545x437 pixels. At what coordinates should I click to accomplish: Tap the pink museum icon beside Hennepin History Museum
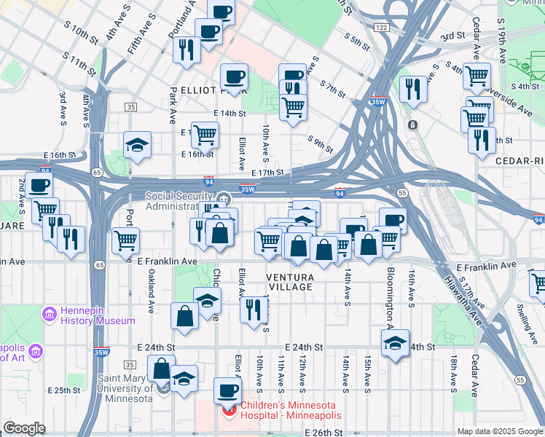(50, 315)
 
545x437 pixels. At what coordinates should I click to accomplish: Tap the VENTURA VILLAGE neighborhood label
(290, 282)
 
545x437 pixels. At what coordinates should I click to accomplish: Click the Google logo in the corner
(24, 428)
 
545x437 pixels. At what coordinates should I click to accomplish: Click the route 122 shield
(381, 27)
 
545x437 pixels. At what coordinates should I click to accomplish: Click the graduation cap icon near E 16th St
(137, 145)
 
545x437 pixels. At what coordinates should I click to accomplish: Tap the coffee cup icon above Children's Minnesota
(227, 390)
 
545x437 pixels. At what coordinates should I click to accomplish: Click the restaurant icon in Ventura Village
(253, 309)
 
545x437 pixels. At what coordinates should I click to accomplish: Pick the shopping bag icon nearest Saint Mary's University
(161, 368)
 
